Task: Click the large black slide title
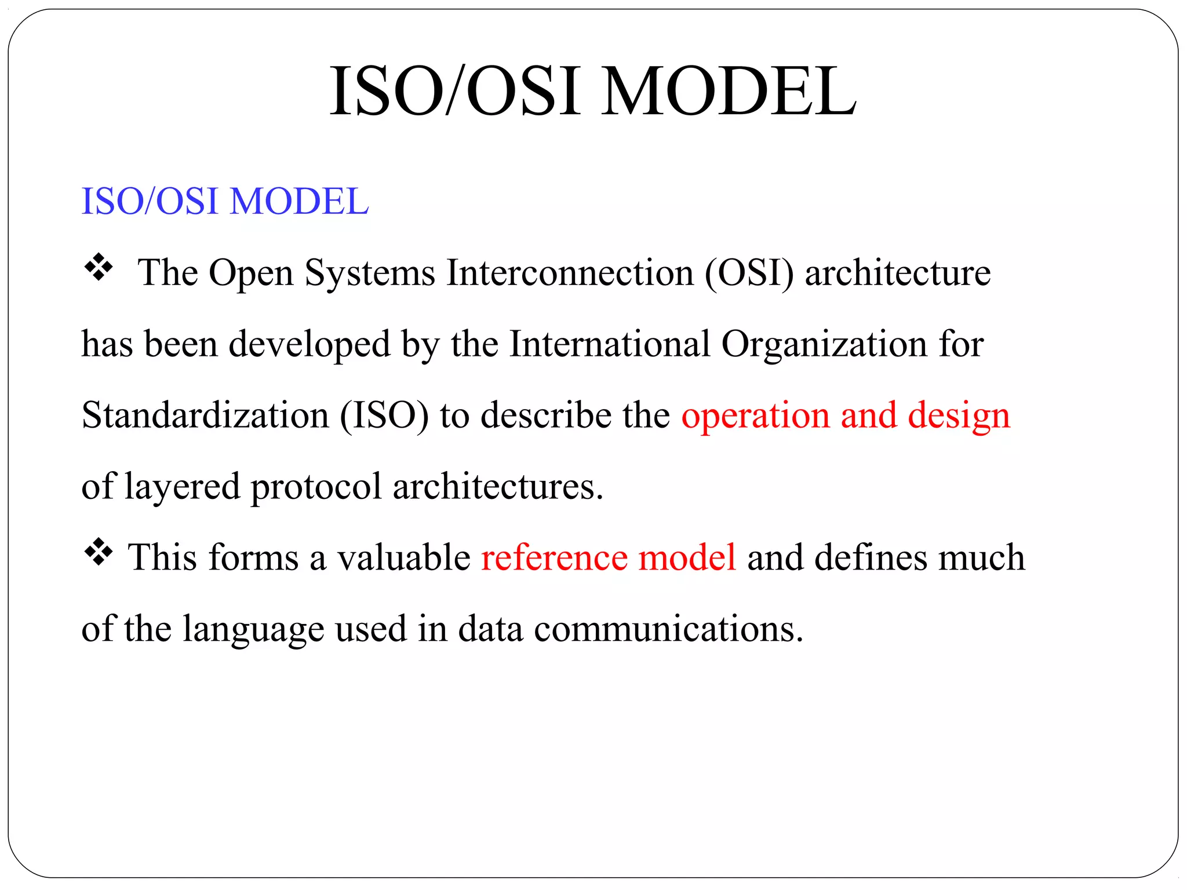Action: tap(592, 92)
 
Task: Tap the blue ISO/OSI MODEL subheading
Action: tap(225, 201)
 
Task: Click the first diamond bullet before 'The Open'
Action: tap(99, 267)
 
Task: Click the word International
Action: tap(610, 344)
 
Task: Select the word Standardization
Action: tap(205, 415)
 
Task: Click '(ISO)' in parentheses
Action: tap(384, 415)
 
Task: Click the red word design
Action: tap(959, 415)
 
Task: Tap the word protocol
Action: tap(316, 486)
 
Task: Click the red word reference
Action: tap(554, 557)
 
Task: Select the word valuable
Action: tap(404, 557)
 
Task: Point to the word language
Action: tap(253, 629)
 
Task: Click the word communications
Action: tap(668, 629)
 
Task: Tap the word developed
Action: tap(310, 344)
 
